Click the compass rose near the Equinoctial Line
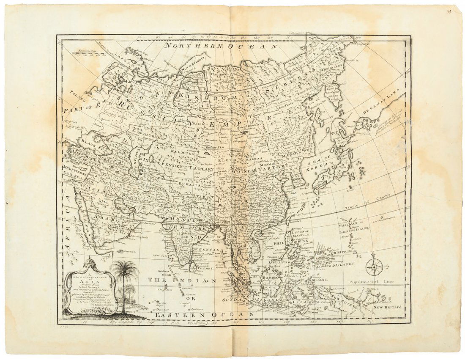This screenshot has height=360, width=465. click(375, 267)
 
